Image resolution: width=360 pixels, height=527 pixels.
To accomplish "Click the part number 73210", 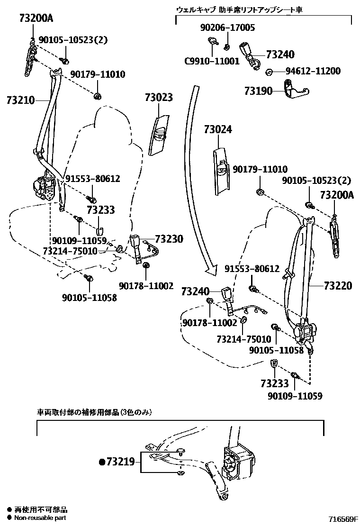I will tap(21, 100).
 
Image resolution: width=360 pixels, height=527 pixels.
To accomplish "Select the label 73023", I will tap(159, 98).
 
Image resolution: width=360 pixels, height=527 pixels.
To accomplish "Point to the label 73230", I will tap(169, 239).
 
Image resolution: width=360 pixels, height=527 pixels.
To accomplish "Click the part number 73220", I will tap(338, 285).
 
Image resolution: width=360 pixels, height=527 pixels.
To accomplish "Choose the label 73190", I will tap(259, 90).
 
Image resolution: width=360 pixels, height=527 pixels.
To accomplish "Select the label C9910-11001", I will tap(212, 61).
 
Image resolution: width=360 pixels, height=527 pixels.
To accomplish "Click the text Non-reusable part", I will tap(40, 518).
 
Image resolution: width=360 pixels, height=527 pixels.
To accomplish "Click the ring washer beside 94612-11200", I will tap(268, 72).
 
